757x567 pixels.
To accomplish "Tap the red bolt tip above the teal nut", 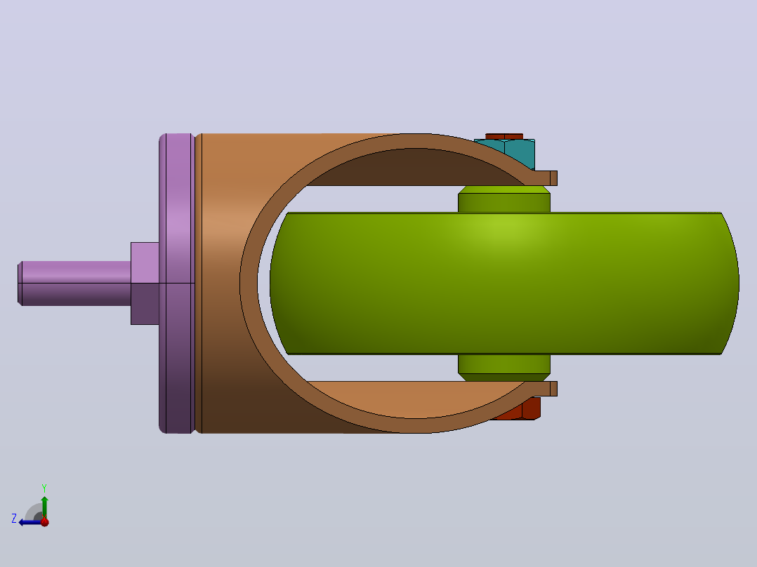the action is pyautogui.click(x=504, y=137).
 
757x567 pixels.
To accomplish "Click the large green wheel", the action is pyautogui.click(x=504, y=283).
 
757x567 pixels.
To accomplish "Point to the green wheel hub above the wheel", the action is pyautogui.click(x=504, y=199).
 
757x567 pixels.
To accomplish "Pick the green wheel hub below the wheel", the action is pyautogui.click(x=504, y=368).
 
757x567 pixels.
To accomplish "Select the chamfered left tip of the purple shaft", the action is pyautogui.click(x=20, y=283).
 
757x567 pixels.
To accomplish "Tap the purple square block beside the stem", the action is pyautogui.click(x=145, y=283).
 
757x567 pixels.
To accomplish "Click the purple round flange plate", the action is pyautogui.click(x=177, y=283).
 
